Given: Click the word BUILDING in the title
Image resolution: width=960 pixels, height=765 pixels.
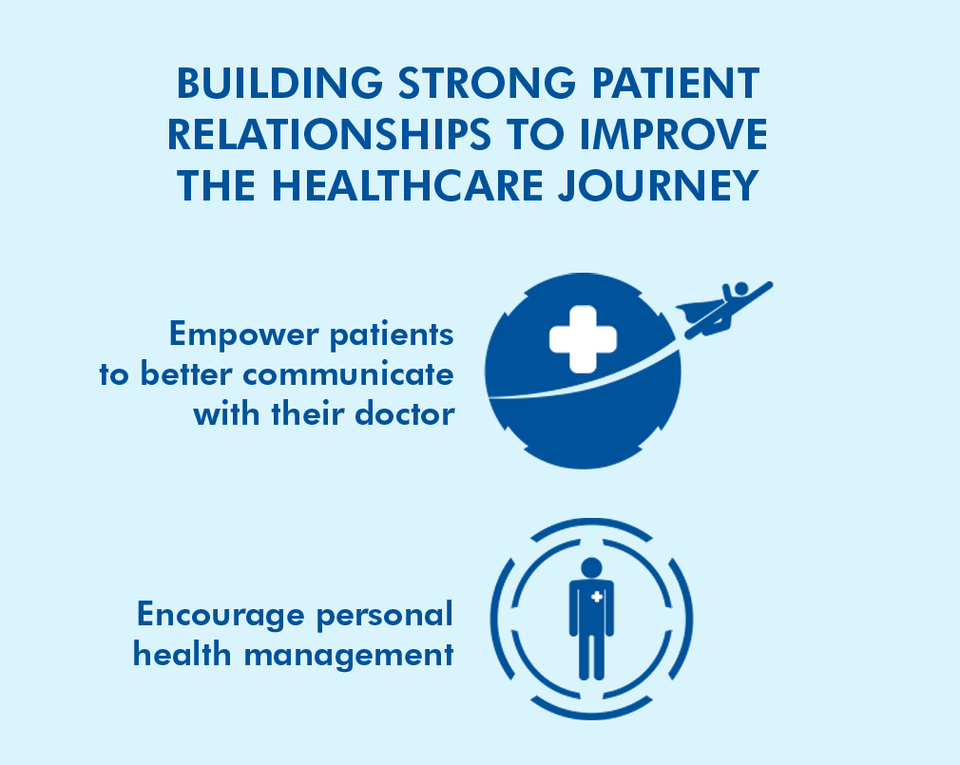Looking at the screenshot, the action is [279, 84].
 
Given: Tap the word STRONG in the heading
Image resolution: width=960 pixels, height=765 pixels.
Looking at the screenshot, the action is [488, 84].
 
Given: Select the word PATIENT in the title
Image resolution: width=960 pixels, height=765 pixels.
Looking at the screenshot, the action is [676, 84].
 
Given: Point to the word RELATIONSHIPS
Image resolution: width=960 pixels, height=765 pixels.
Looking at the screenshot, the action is [330, 135].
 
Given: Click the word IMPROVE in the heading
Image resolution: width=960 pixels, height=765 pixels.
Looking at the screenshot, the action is [673, 135].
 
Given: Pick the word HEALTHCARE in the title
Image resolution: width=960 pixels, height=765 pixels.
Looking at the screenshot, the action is [408, 186].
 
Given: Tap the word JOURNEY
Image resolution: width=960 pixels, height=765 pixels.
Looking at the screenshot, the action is [659, 186].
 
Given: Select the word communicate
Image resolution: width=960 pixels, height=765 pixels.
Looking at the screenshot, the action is [349, 374].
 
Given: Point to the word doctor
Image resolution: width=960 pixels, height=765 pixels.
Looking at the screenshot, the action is [405, 413].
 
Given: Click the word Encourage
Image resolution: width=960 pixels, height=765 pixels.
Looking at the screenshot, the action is [221, 615].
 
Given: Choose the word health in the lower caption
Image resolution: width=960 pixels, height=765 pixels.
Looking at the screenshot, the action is [182, 654].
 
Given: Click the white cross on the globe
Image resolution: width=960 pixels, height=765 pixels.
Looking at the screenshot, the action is [583, 339].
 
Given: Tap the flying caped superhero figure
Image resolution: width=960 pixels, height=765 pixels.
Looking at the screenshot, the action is [724, 309].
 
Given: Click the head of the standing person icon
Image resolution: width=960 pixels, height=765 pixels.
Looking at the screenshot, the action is [591, 567].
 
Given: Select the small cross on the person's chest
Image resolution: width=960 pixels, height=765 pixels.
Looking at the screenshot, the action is [597, 597].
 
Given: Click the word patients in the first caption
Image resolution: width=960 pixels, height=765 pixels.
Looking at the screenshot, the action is [392, 335].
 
